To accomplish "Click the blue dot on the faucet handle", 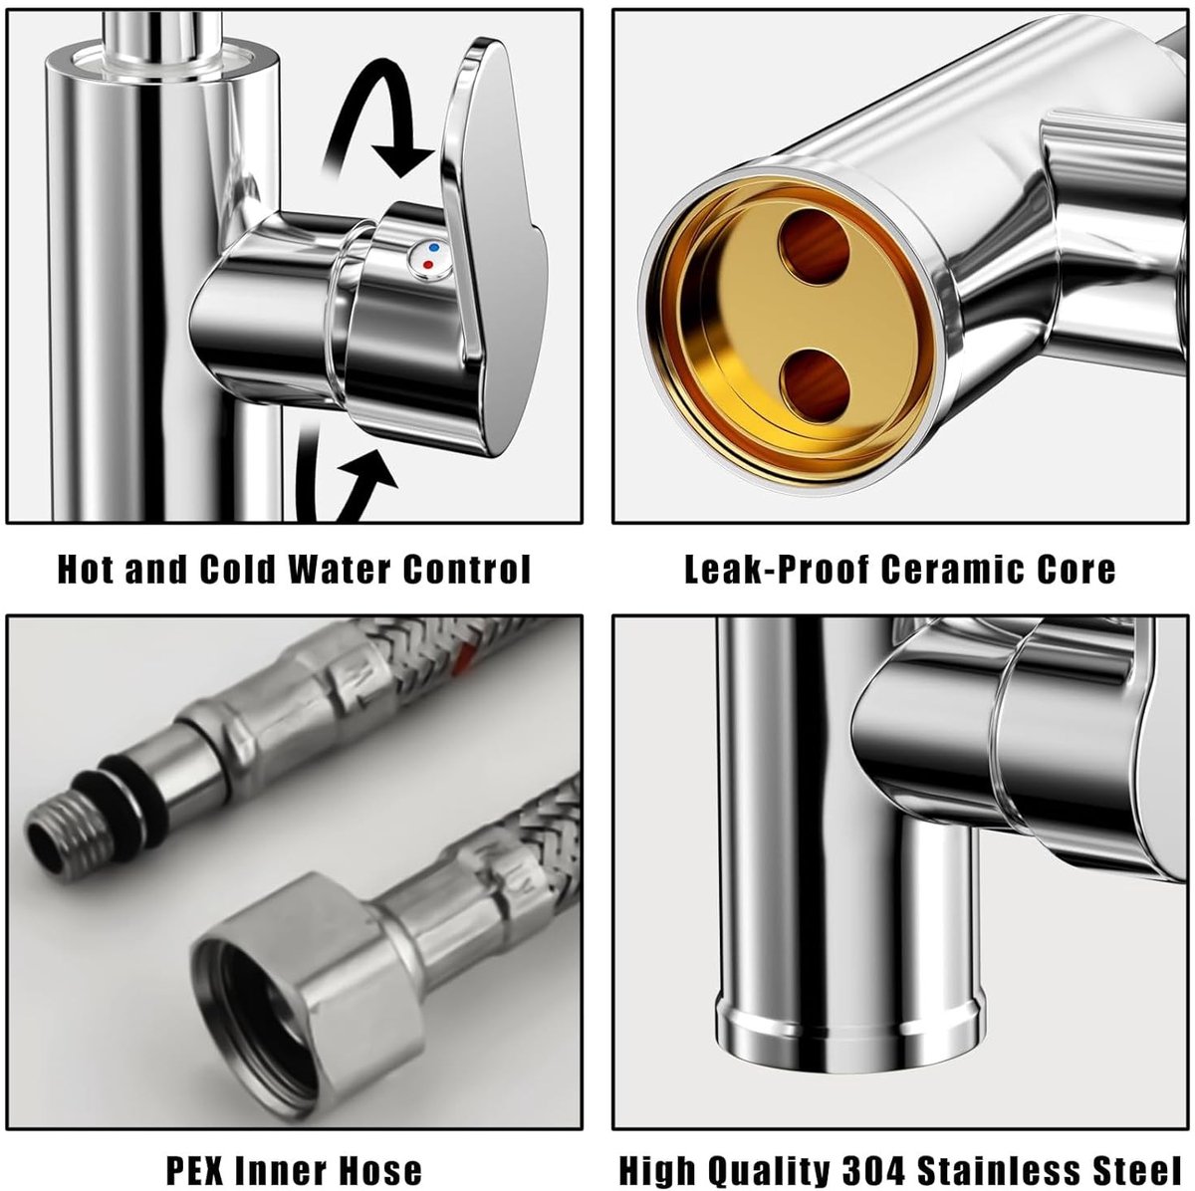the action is [x=433, y=248].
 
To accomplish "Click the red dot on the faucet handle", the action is [x=426, y=265].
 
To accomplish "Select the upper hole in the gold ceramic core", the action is [x=813, y=246].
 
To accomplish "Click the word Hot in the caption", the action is [x=87, y=569].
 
